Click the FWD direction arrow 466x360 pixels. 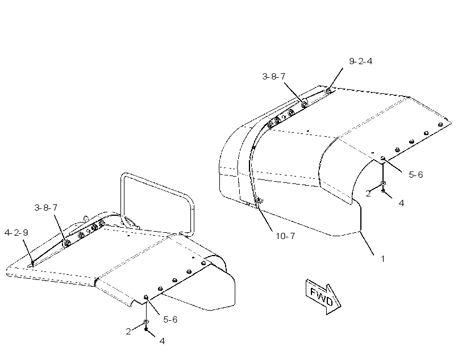323,297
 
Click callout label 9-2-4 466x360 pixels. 360,61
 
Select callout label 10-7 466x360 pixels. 285,236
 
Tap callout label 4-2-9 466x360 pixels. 16,233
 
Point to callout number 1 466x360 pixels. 383,259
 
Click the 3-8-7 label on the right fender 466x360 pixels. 274,77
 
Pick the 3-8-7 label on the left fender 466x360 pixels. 46,208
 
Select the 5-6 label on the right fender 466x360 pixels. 416,175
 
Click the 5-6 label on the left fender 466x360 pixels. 170,320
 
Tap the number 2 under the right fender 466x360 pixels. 368,194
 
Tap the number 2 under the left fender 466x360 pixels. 128,332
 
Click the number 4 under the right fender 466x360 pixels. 401,203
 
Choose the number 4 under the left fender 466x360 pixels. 162,341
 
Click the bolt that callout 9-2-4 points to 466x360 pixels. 328,91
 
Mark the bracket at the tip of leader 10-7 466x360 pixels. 257,202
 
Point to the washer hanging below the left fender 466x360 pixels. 146,322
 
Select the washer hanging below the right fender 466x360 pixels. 383,183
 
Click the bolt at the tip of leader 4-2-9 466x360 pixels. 32,263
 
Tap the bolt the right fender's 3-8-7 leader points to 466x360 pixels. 305,104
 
